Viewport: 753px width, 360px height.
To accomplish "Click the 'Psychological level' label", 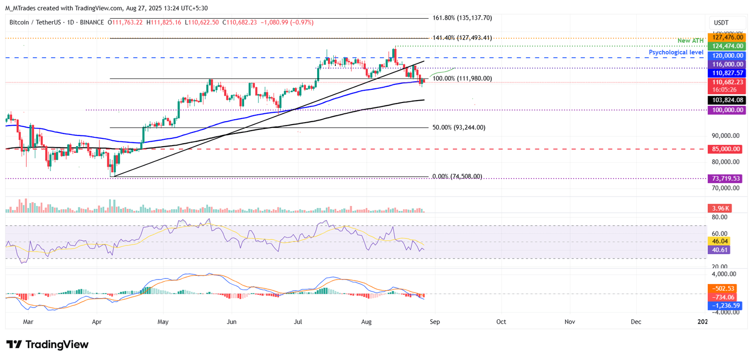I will click(x=676, y=52).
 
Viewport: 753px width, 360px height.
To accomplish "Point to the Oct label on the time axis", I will click(x=501, y=322).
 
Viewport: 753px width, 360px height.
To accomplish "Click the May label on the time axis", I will click(x=163, y=322).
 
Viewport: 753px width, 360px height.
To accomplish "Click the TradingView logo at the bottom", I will click(x=48, y=344).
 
